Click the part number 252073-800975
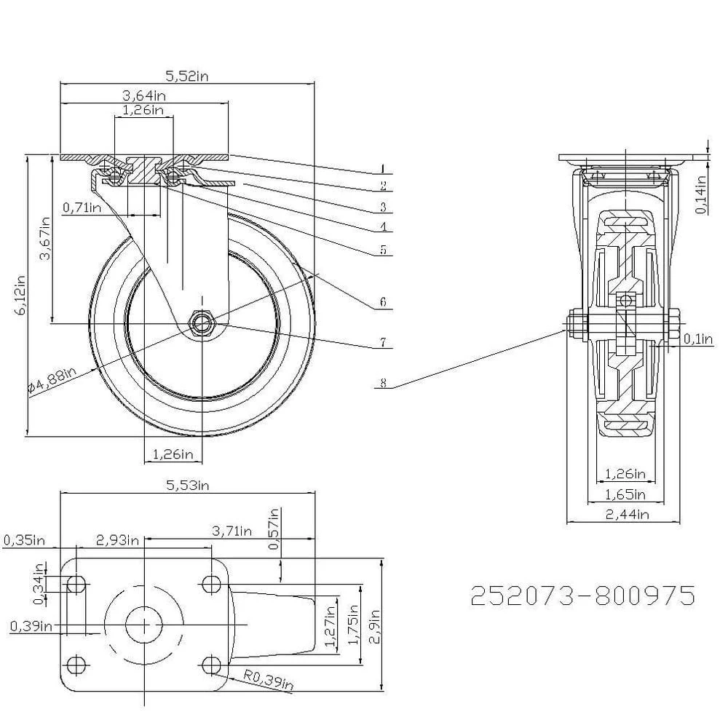(582, 596)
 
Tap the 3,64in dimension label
(143, 95)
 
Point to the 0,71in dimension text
(82, 207)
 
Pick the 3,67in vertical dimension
(45, 238)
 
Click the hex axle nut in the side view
(202, 323)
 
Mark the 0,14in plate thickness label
(700, 194)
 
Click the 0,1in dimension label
(700, 338)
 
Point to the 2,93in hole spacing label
(117, 539)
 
